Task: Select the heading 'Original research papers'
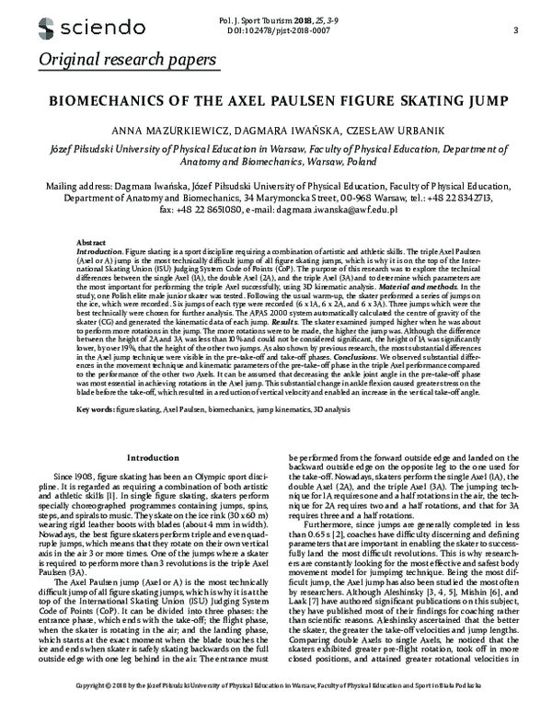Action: tap(128, 61)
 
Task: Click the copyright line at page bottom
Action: tap(276, 698)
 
